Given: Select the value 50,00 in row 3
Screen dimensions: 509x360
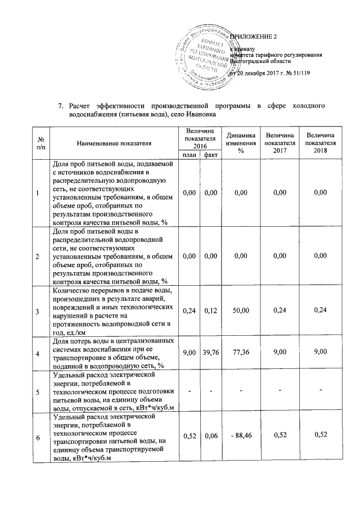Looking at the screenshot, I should (240, 310).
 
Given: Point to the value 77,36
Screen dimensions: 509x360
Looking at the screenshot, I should (240, 353).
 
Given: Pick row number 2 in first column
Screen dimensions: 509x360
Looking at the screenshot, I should (37, 256).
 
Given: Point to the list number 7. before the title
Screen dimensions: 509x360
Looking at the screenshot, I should (62, 105).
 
